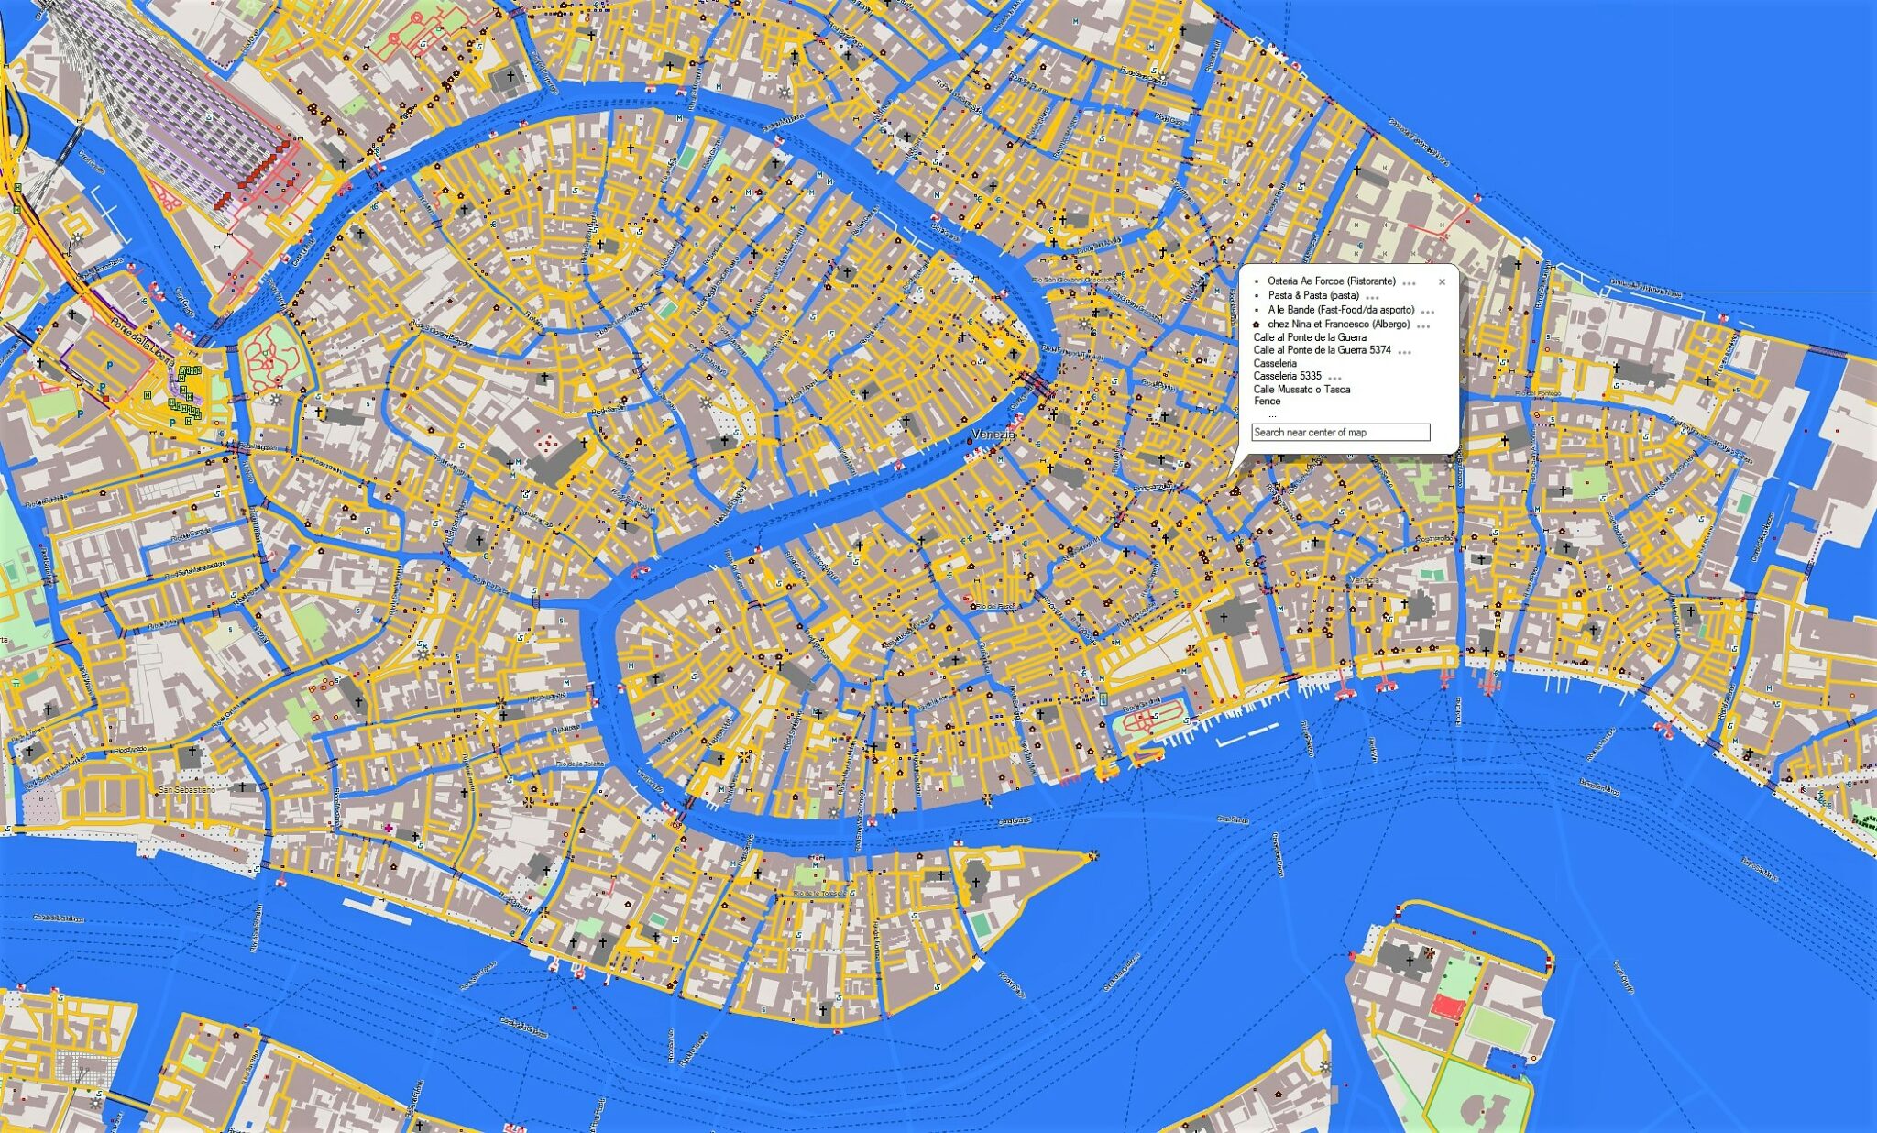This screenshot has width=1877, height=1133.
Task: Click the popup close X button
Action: [1442, 282]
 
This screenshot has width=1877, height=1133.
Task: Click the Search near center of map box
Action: [1340, 432]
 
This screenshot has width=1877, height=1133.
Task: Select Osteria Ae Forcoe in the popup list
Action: [1331, 281]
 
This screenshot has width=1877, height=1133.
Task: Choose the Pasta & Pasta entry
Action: [1312, 296]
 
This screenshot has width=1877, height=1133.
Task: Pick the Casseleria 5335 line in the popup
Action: [1287, 376]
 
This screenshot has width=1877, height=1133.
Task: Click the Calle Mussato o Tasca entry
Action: [1301, 389]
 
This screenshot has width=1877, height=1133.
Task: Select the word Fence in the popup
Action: [1267, 401]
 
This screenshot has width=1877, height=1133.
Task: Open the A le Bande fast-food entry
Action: [1341, 310]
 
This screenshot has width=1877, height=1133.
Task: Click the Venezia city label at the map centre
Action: [993, 434]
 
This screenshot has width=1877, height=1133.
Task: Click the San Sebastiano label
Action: [187, 789]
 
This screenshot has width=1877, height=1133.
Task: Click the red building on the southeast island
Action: [1448, 1006]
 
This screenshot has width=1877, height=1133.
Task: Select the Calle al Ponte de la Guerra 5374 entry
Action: [1322, 350]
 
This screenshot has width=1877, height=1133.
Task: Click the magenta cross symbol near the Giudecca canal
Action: [389, 828]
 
